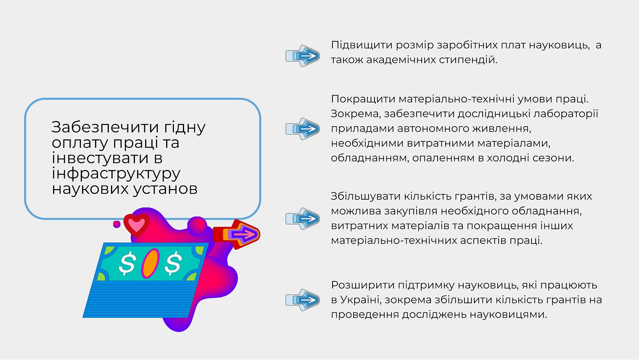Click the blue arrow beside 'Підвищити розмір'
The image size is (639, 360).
click(303, 56)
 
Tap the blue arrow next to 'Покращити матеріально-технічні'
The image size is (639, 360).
click(303, 129)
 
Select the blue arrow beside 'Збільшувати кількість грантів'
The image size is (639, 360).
click(303, 218)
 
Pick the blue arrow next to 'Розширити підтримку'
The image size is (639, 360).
click(303, 300)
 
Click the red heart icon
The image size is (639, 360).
click(136, 225)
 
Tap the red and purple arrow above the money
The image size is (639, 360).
click(237, 234)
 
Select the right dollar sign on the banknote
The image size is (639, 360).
click(173, 263)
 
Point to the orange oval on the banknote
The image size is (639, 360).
click(150, 263)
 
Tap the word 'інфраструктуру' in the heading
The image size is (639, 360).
click(116, 173)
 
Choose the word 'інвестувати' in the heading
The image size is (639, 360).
click(100, 158)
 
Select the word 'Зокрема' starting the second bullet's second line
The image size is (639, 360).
click(355, 114)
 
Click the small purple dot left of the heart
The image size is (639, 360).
click(117, 224)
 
